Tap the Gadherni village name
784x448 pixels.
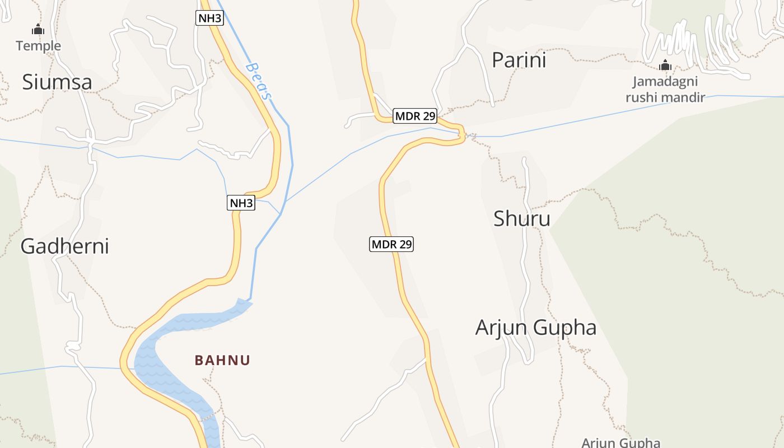point(64,246)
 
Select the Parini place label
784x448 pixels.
point(519,60)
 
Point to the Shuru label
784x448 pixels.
point(521,218)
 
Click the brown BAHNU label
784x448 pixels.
point(222,360)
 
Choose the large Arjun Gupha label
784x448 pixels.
point(535,328)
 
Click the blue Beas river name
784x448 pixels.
point(258,81)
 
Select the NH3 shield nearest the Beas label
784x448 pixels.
point(210,18)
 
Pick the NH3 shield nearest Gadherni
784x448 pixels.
point(241,203)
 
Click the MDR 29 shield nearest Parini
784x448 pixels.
point(415,116)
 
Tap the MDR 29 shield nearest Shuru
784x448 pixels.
point(391,244)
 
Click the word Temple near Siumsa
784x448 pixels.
point(38,45)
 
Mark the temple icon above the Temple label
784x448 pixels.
point(38,30)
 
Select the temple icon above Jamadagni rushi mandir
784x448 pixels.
point(665,66)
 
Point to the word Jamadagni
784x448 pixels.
point(665,82)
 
